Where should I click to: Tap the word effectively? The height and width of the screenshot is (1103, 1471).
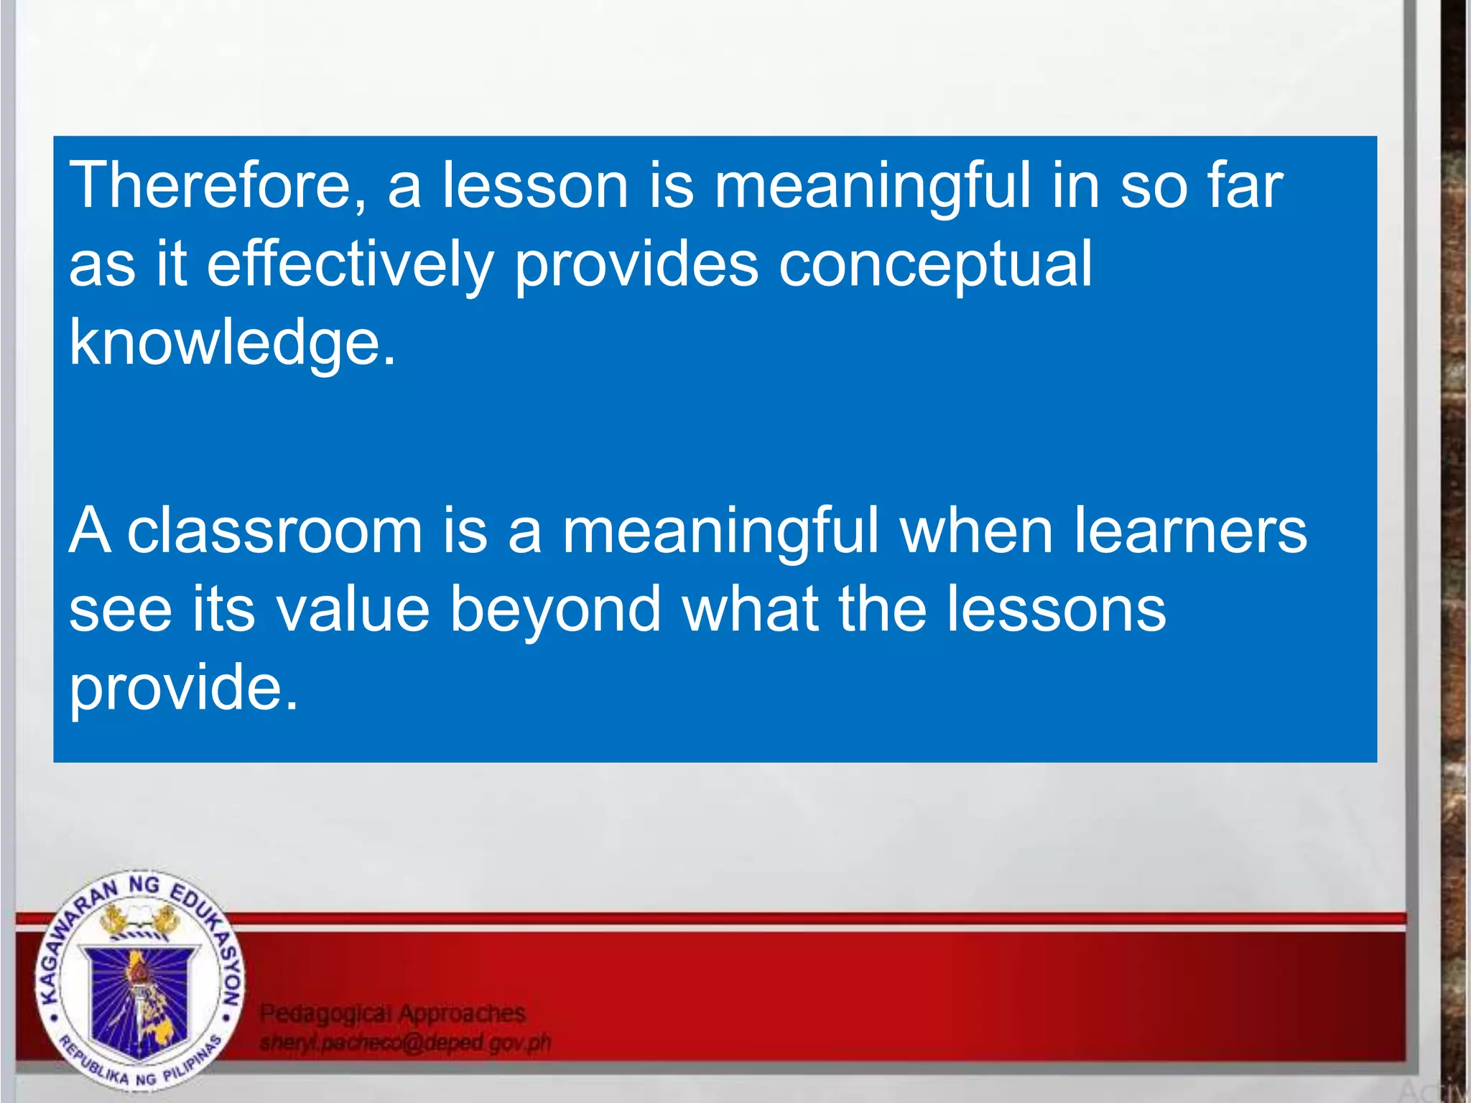tap(351, 264)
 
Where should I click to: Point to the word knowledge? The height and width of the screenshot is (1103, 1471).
tap(231, 343)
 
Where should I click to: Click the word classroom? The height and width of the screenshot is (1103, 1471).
tap(275, 531)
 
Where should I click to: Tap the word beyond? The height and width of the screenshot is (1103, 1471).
tap(555, 610)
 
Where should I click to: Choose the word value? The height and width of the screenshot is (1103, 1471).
tap(353, 610)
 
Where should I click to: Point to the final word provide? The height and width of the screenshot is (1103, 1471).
tap(182, 688)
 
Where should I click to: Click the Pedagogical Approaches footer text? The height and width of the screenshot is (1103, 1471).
tap(392, 1013)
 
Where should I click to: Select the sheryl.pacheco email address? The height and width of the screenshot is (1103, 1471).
tap(405, 1043)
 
